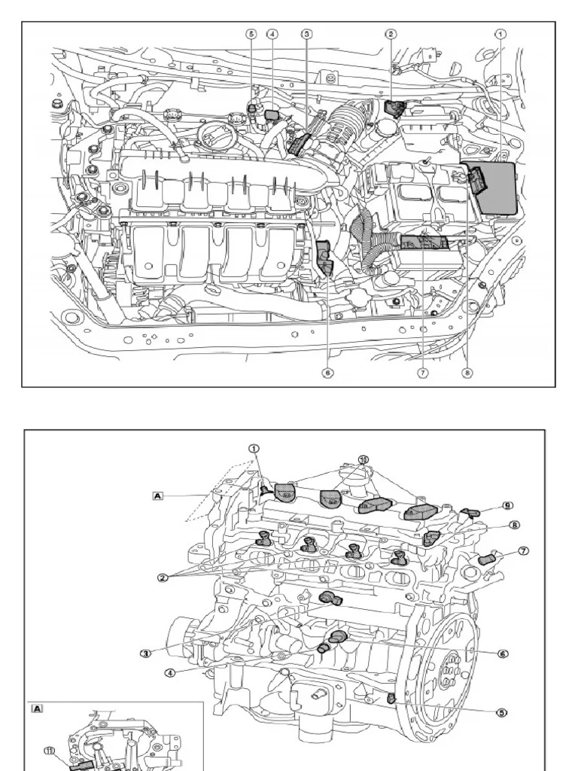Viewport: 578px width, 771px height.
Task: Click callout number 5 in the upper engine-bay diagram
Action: click(252, 34)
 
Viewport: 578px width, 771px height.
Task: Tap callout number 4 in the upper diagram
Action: click(272, 34)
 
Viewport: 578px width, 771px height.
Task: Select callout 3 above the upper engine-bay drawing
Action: click(306, 34)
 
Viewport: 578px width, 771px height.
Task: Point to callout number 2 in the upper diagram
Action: click(391, 34)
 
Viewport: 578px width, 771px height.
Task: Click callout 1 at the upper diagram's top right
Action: click(500, 34)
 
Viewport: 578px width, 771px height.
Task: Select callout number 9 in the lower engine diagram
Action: click(507, 505)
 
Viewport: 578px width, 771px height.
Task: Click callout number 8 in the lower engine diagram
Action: click(515, 525)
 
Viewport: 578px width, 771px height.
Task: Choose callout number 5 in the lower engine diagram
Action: click(500, 712)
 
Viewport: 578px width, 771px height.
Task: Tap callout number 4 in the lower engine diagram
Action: click(170, 672)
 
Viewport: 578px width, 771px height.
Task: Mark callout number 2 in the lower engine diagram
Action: click(162, 578)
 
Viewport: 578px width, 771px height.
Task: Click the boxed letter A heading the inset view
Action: click(36, 709)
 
